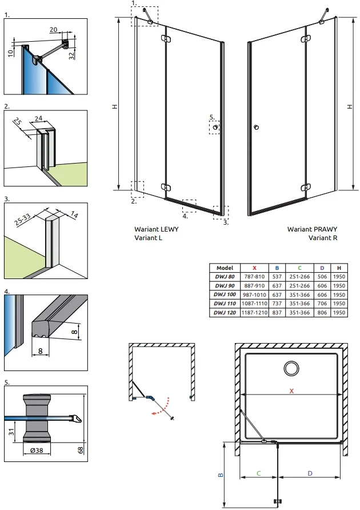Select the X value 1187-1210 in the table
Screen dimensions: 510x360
click(254, 313)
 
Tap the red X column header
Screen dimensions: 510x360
click(254, 268)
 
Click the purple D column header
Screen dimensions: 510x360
click(322, 268)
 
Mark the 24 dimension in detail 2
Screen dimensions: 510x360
click(38, 119)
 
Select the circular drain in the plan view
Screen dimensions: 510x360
click(291, 368)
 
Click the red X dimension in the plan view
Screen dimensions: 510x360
click(291, 391)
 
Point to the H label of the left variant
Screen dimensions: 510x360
click(115, 107)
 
